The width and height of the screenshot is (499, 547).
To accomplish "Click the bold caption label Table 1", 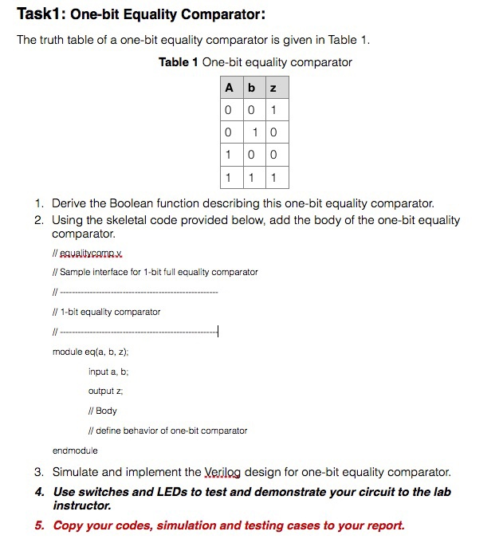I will (179, 62).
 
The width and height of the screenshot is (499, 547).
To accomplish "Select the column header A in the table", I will (230, 88).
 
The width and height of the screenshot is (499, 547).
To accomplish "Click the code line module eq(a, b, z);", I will (91, 352).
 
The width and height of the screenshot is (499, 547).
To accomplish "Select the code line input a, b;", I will (108, 372).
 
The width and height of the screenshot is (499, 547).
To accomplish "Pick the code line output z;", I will (105, 391).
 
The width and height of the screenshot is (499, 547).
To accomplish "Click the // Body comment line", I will (102, 411).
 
